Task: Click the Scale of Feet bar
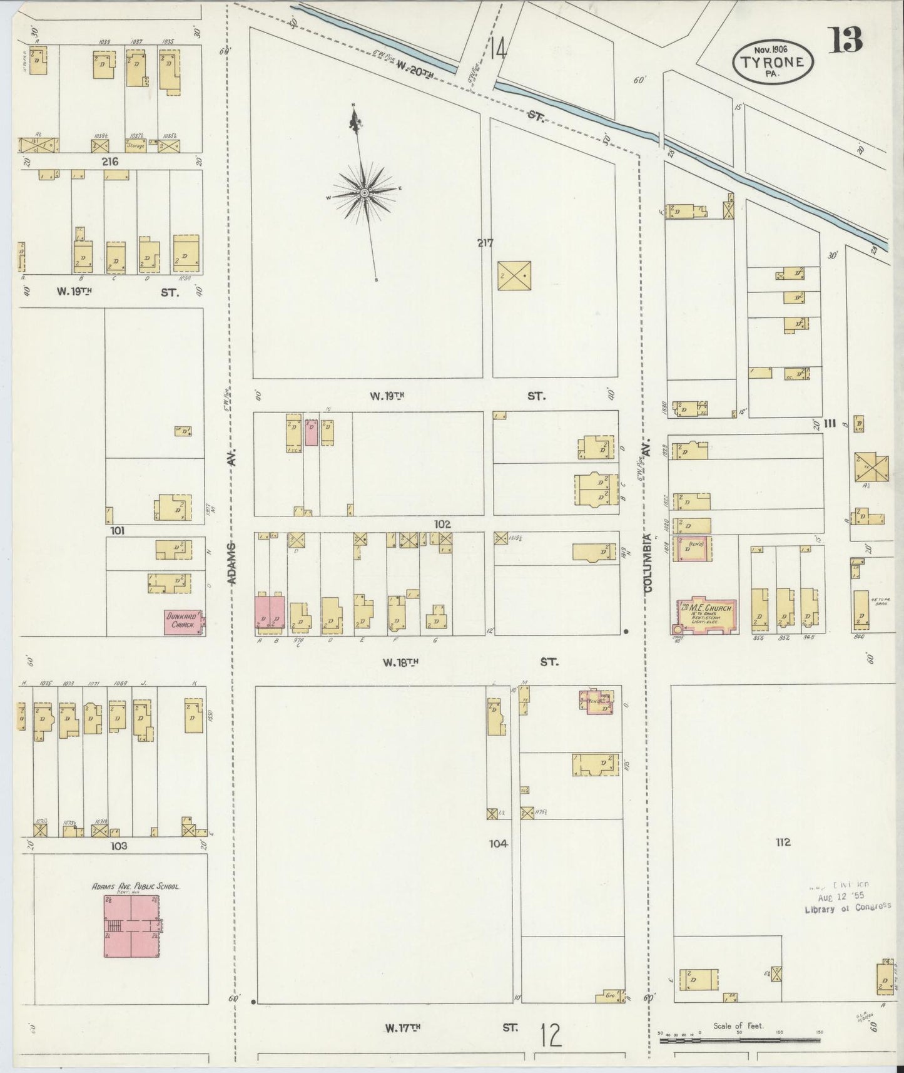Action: pos(739,1040)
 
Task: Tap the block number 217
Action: pos(485,243)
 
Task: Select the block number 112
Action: pos(783,842)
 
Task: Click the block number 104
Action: pos(498,844)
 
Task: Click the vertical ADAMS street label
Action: pos(232,563)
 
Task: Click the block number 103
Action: pos(118,846)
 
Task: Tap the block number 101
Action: pos(117,531)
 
